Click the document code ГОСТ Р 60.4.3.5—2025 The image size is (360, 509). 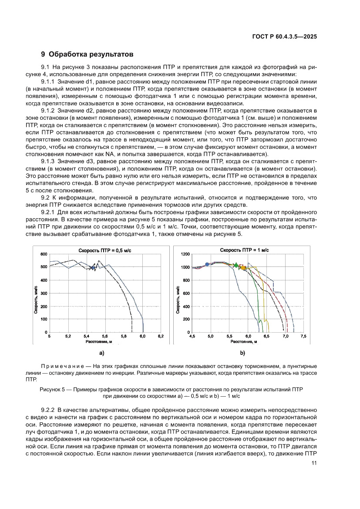[x=284, y=37]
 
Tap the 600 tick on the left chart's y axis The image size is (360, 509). [x=44, y=254]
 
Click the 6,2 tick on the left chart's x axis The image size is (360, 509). [x=160, y=337]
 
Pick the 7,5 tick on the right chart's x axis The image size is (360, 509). [x=303, y=337]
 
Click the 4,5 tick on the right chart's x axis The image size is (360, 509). [x=192, y=337]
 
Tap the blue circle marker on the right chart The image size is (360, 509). [x=207, y=264]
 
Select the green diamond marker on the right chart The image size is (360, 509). [x=236, y=265]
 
